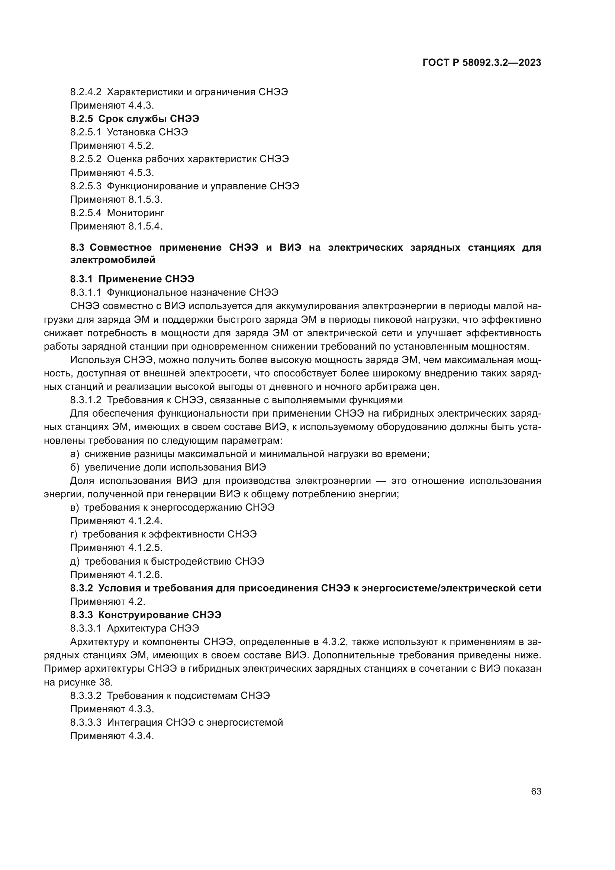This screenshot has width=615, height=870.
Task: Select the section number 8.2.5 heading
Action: pyautogui.click(x=81, y=119)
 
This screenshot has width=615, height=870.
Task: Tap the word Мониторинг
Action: pyautogui.click(x=136, y=213)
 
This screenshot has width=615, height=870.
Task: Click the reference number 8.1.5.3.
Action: pyautogui.click(x=145, y=199)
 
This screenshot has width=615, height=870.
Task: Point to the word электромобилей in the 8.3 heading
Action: pyautogui.click(x=113, y=260)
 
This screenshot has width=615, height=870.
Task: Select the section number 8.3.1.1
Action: pyautogui.click(x=86, y=292)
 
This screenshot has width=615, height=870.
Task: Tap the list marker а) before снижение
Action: pyautogui.click(x=75, y=454)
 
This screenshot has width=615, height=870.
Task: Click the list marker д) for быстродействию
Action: pyautogui.click(x=75, y=561)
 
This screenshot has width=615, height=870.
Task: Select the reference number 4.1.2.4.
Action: pyautogui.click(x=145, y=521)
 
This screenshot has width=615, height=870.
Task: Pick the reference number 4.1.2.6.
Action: pyautogui.click(x=145, y=575)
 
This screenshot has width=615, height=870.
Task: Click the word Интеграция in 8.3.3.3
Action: pyautogui.click(x=135, y=722)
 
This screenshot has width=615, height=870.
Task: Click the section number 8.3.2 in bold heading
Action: pyautogui.click(x=81, y=588)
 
